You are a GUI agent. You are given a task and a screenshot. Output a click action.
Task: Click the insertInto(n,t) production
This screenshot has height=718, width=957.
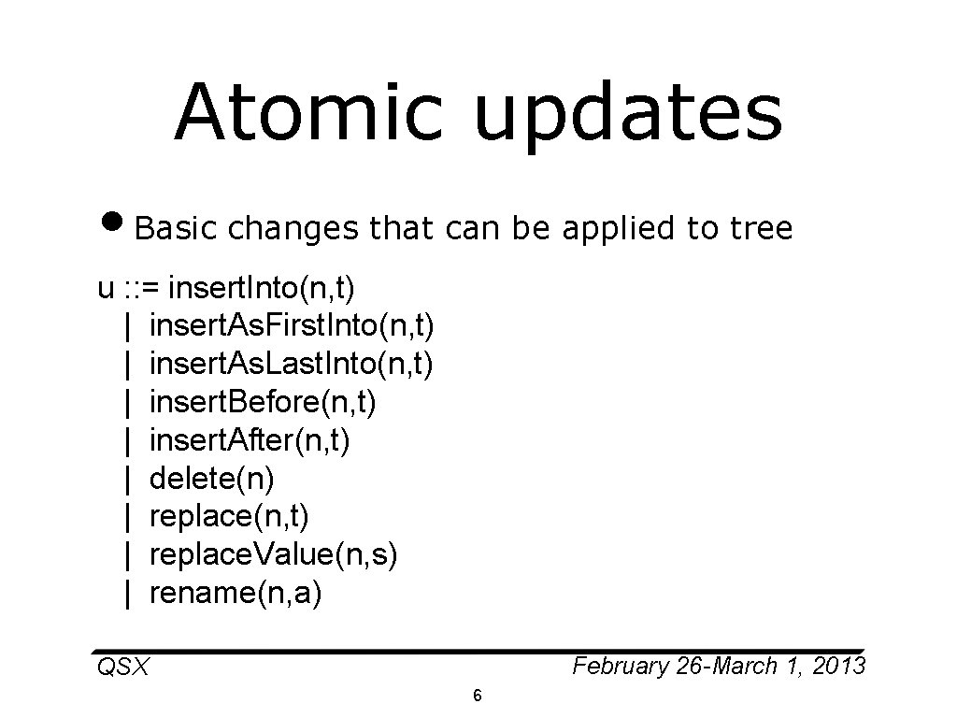click(267, 287)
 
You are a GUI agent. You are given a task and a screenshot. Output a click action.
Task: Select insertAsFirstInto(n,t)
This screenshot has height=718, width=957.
click(291, 325)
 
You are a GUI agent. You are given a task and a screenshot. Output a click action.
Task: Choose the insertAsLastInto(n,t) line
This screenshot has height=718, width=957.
click(291, 364)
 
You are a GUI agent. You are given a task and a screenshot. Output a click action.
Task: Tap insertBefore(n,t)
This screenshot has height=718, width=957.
click(264, 402)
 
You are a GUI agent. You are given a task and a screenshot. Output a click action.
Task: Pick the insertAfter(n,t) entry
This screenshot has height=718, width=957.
click(250, 440)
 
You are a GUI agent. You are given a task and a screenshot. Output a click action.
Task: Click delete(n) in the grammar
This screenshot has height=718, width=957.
click(211, 479)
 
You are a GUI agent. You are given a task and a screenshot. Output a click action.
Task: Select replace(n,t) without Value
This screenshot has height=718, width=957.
click(229, 517)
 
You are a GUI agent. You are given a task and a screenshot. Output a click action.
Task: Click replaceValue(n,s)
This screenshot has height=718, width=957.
click(273, 555)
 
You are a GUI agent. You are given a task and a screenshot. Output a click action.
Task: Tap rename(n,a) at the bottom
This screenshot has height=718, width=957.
click(235, 594)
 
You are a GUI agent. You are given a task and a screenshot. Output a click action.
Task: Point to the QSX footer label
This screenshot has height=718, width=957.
click(122, 668)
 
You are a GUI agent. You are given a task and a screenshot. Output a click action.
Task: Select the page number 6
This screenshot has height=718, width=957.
click(478, 696)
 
